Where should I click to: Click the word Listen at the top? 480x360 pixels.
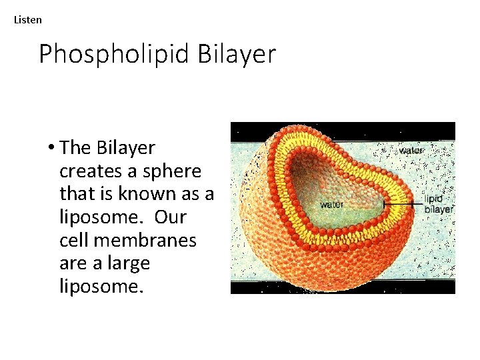[x=27, y=20]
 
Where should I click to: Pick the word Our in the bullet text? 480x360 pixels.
[x=169, y=217]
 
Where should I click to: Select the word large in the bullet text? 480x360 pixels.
[x=129, y=264]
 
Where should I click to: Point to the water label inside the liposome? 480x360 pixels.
[x=331, y=205]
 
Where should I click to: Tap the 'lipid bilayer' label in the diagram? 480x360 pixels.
[x=439, y=204]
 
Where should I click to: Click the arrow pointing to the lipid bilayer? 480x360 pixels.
[x=403, y=202]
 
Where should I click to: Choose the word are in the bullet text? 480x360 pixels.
[x=72, y=264]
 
